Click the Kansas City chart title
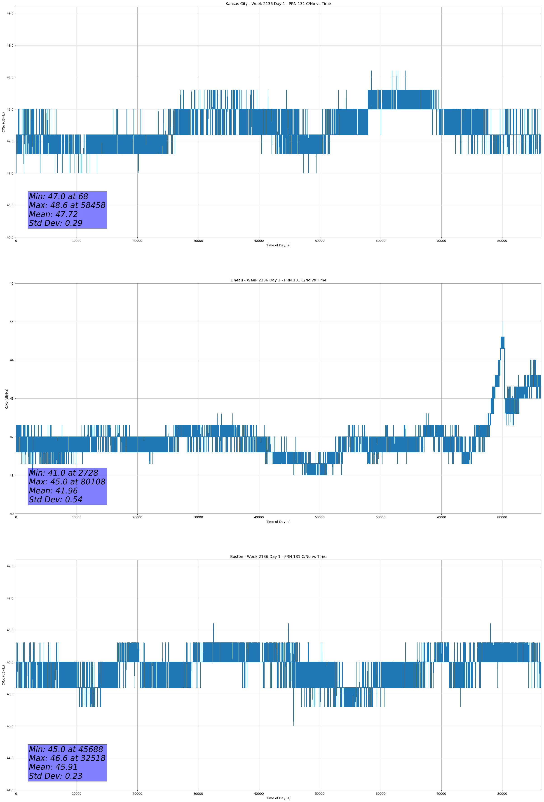[x=278, y=4]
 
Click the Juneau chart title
[x=278, y=280]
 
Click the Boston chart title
[x=278, y=557]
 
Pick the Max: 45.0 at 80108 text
[x=67, y=482]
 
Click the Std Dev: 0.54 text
[x=56, y=500]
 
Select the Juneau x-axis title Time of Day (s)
[x=278, y=522]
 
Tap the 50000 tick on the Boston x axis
[x=320, y=793]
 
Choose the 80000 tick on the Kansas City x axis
[x=502, y=241]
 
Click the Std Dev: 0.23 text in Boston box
[x=56, y=776]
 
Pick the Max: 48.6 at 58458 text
[x=67, y=205]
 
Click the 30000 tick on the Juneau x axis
[x=198, y=517]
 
